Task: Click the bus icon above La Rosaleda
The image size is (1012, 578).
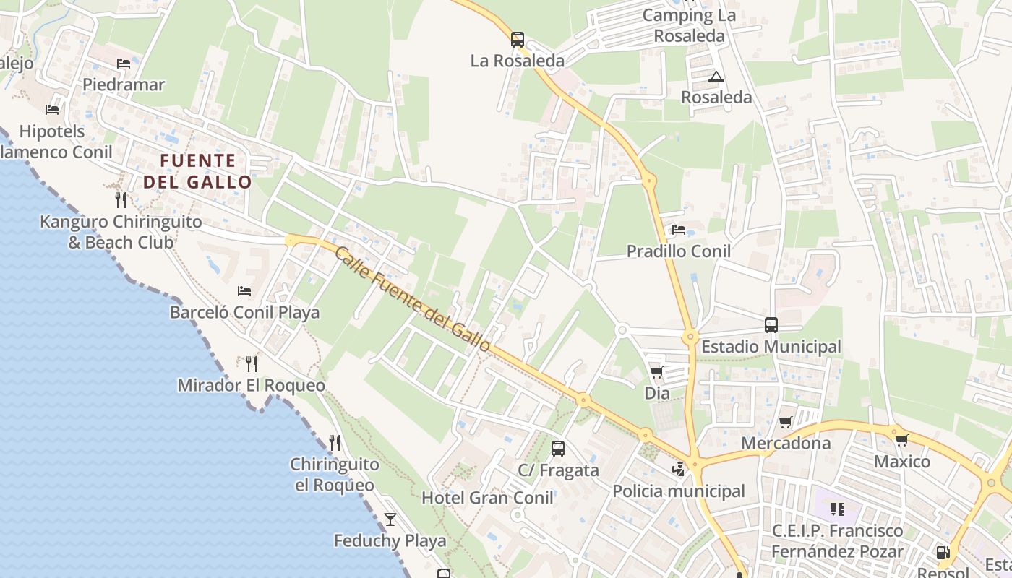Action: click(517, 40)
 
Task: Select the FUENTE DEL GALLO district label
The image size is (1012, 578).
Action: click(197, 171)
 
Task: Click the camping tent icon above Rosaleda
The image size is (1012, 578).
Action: click(716, 77)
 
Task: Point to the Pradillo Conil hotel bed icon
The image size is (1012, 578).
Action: click(679, 230)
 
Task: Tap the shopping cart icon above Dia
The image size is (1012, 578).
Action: click(656, 372)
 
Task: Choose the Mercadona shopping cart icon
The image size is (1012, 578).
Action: click(786, 422)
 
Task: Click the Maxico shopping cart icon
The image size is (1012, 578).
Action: click(901, 440)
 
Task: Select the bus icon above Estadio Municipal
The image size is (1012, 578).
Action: click(771, 325)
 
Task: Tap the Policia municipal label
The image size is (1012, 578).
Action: click(678, 491)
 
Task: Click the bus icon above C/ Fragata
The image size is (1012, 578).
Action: click(558, 449)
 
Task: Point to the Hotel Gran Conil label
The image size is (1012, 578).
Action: click(487, 498)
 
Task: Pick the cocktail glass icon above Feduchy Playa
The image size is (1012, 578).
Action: click(390, 519)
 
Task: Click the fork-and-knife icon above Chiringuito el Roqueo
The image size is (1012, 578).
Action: click(334, 442)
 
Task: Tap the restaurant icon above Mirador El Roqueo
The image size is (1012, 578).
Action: click(251, 363)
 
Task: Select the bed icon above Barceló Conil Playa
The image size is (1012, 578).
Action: click(244, 291)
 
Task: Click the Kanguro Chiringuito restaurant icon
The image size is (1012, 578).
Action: click(121, 199)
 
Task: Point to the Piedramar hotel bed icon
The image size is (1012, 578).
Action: click(124, 64)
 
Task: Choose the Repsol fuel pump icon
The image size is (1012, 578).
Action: click(943, 553)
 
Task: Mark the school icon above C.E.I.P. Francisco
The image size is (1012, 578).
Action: click(838, 509)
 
